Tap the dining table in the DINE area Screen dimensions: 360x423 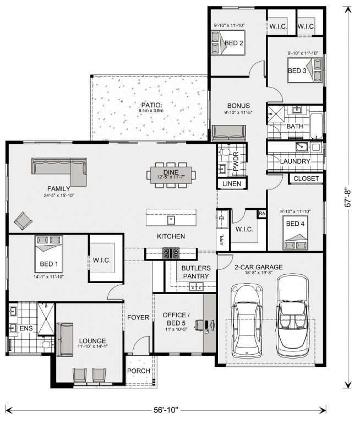click(171, 175)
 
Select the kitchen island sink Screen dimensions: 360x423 click(171, 220)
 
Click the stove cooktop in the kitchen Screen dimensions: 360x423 click(171, 253)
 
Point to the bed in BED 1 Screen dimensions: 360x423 click(49, 254)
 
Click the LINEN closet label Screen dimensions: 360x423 click(232, 184)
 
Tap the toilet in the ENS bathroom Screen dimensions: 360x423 click(47, 344)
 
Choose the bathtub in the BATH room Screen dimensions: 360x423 click(316, 126)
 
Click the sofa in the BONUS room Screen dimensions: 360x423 click(229, 133)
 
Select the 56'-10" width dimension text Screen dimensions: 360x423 click(166, 410)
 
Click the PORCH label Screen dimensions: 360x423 click(139, 371)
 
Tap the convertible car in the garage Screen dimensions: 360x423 click(293, 314)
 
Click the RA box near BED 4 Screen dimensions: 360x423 click(262, 213)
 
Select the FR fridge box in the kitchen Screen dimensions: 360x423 click(222, 219)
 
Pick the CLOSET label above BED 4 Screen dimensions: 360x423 click(306, 178)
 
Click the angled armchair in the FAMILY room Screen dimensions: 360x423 click(23, 221)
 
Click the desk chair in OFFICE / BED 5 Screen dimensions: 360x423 click(199, 324)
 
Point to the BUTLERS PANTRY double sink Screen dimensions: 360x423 click(196, 286)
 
